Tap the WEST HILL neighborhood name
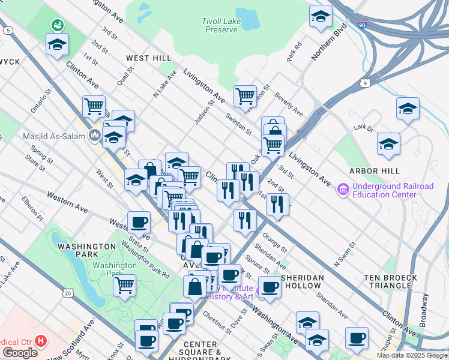pos(148,58)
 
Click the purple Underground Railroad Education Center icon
pos(343,190)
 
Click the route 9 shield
pos(366,83)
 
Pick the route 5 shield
pos(7,31)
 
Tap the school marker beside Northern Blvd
pos(321,16)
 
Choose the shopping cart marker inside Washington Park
pos(124,285)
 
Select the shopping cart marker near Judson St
pos(245,95)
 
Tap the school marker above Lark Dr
pos(408,109)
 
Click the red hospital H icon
pos(41,341)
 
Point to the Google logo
pos(20,352)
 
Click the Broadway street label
pos(424,310)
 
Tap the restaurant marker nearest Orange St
pos(245,220)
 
